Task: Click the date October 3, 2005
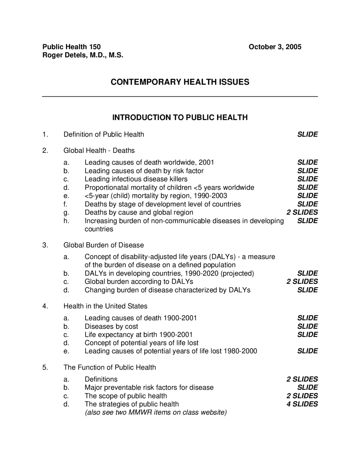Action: click(275, 47)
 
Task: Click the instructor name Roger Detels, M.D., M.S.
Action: click(83, 55)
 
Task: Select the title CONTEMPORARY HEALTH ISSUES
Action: click(180, 82)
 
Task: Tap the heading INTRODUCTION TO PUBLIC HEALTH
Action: click(180, 118)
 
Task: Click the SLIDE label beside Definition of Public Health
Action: click(307, 135)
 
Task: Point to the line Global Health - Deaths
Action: click(99, 151)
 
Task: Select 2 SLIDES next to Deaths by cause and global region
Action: click(302, 212)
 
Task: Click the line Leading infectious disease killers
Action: click(136, 179)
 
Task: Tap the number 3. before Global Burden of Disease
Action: click(45, 245)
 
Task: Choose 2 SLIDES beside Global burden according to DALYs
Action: click(302, 281)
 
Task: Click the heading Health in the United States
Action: click(105, 306)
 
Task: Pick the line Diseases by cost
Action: click(111, 326)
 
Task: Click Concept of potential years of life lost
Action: click(141, 343)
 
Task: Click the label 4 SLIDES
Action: click(302, 404)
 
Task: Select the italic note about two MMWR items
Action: click(156, 413)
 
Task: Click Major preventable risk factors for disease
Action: click(149, 387)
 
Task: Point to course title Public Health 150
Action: click(71, 47)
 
